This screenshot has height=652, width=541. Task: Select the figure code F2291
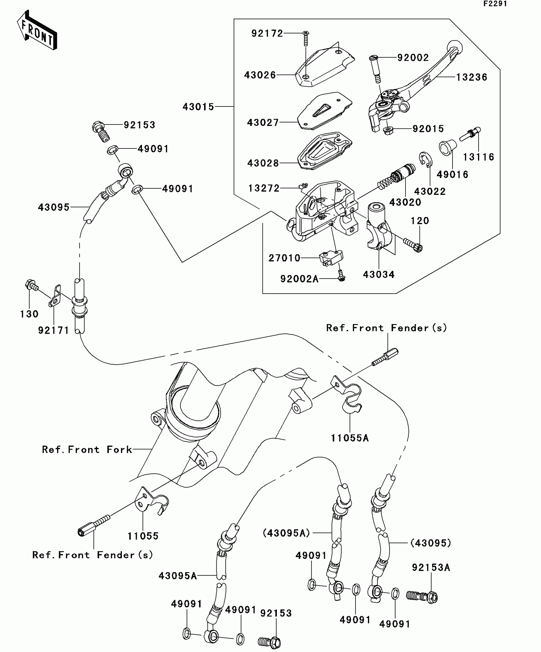pos(495,4)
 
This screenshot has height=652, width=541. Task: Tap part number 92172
pos(267,33)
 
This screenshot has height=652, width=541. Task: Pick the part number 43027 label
pos(263,123)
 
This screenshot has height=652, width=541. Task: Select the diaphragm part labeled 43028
pos(325,151)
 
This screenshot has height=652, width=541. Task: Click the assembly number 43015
pos(198,107)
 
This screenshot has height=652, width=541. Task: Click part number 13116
pos(478,157)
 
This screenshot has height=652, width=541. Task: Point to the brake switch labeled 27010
pos(331,258)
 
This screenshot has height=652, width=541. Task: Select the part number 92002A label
pos(299,279)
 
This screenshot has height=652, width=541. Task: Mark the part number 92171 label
pos(53,330)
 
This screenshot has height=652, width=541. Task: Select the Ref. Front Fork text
pos(87,449)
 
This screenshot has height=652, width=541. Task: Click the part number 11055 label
pos(143,536)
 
